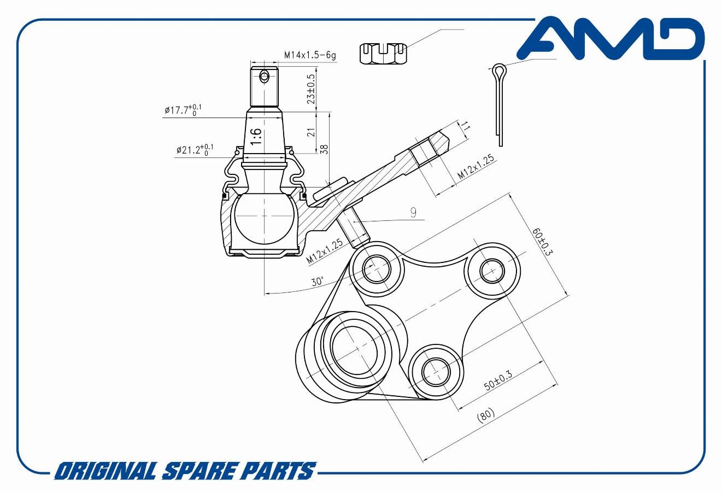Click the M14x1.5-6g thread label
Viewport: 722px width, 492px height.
point(310,55)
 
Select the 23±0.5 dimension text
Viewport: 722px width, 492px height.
point(312,89)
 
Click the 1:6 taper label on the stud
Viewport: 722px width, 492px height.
point(256,137)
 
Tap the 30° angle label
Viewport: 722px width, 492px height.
point(318,282)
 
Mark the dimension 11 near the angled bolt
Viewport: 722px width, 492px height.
point(466,127)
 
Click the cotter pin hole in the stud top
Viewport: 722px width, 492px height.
point(265,76)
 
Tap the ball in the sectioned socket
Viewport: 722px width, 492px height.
point(263,219)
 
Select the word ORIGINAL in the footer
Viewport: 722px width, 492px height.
point(103,471)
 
